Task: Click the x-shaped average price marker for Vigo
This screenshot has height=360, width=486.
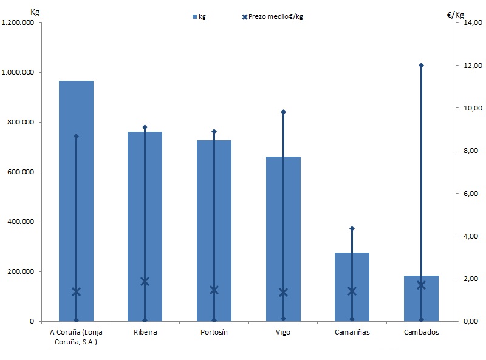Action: pyautogui.click(x=283, y=293)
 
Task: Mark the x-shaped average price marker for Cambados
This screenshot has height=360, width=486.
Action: pyautogui.click(x=421, y=285)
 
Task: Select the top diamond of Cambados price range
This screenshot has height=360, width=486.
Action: pyautogui.click(x=421, y=65)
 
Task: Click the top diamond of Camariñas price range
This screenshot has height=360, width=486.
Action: pyautogui.click(x=352, y=228)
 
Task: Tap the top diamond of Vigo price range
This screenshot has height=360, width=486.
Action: pyautogui.click(x=283, y=112)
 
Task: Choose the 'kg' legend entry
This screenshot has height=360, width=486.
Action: pyautogui.click(x=199, y=16)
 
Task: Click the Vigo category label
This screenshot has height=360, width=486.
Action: pyautogui.click(x=283, y=332)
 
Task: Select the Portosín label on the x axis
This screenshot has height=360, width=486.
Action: pyautogui.click(x=214, y=332)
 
